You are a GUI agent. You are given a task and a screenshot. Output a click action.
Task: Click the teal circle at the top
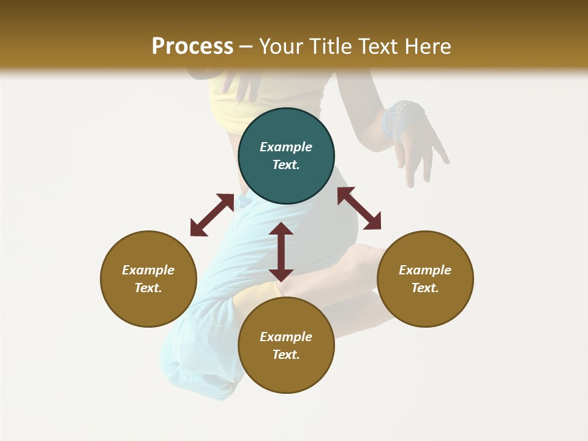(x=286, y=156)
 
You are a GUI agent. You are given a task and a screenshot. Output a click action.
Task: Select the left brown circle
(x=148, y=279)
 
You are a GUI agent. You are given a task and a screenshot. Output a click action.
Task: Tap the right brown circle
(x=425, y=279)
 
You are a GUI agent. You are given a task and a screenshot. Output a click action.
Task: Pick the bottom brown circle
(x=286, y=345)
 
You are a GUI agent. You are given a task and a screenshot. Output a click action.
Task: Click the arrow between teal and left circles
(x=212, y=215)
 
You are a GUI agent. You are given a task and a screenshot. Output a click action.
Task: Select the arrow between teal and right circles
(x=359, y=208)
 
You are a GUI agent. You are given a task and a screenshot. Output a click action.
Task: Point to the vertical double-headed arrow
(x=281, y=252)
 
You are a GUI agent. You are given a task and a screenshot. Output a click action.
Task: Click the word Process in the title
(x=192, y=46)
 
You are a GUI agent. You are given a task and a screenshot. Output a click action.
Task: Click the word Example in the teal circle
(x=286, y=147)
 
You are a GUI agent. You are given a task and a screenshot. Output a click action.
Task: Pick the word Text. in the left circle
(x=148, y=288)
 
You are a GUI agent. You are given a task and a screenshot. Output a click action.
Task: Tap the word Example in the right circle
(x=425, y=270)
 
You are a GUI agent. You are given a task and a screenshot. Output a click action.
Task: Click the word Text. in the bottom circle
(x=286, y=355)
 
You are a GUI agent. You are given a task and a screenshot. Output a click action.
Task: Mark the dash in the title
(x=246, y=47)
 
